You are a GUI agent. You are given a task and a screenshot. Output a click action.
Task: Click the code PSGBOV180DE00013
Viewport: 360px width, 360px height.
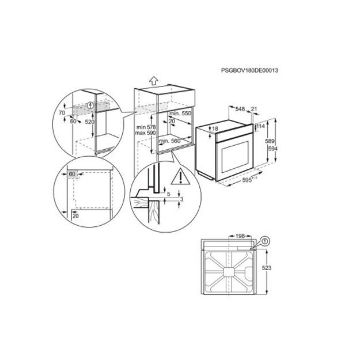point(249,70)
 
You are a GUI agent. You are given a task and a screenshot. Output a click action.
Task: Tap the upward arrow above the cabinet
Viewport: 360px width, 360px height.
point(154,81)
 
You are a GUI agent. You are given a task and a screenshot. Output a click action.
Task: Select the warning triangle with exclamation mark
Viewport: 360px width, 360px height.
point(181,177)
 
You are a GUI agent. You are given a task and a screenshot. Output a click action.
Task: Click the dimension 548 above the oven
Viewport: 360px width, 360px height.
point(240,109)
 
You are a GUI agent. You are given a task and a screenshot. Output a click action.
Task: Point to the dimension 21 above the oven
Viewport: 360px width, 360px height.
point(254,109)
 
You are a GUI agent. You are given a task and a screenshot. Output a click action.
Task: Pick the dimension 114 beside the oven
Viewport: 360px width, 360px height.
point(260,126)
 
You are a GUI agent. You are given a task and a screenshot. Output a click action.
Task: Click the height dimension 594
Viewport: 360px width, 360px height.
point(273,149)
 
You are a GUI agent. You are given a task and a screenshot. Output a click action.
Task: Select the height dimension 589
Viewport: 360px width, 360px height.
point(270,141)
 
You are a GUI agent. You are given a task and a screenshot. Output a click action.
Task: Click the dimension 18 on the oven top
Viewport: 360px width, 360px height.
point(215,129)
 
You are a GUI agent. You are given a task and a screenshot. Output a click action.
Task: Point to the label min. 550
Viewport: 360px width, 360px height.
point(180,113)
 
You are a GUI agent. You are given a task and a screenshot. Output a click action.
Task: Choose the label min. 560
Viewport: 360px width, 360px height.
point(170,141)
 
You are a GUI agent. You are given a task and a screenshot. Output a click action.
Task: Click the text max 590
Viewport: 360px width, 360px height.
point(145,133)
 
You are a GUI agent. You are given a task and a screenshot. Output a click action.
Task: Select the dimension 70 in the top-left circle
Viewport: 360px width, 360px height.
point(62,113)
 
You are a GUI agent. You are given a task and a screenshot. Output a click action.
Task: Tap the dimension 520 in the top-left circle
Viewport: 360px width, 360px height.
point(90,122)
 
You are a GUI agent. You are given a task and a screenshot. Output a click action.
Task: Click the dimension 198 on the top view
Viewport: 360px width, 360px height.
point(240,236)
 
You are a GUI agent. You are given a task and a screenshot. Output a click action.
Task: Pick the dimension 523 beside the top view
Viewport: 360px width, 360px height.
point(267,268)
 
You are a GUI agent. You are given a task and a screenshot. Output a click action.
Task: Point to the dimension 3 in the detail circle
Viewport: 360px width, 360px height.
point(182,199)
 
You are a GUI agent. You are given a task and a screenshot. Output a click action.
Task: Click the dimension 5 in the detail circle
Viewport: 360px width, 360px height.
point(169,194)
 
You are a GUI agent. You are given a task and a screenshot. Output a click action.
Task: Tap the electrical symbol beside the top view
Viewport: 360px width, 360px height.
point(266,241)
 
